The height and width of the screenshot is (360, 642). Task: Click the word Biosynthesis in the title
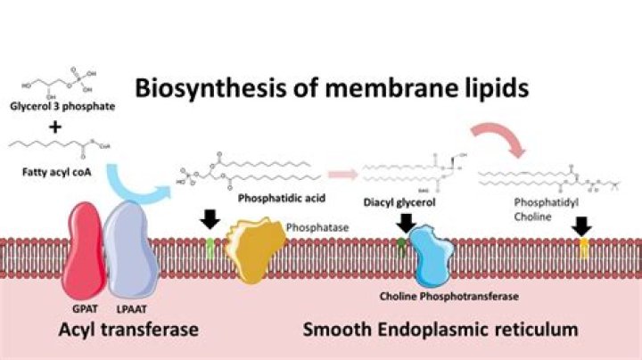[x=191, y=88]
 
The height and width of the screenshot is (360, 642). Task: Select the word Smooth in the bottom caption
[x=336, y=329]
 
